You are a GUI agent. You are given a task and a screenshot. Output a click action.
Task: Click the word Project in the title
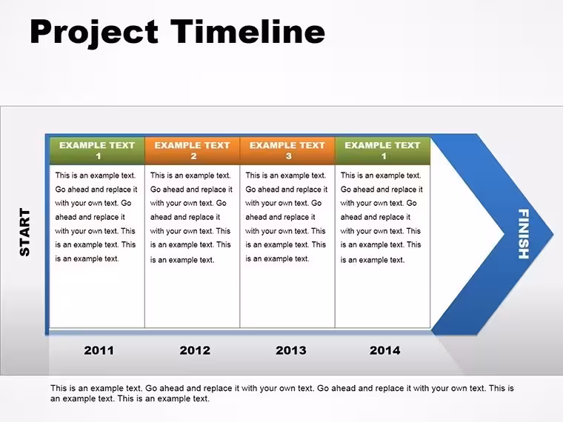94,33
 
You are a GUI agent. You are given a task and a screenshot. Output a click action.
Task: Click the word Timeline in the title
247,32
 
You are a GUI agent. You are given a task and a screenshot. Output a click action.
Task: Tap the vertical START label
24,232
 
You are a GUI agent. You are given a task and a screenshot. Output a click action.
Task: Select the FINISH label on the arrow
524,234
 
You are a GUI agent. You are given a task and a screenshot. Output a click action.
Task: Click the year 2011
99,350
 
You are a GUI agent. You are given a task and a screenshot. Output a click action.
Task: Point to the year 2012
195,350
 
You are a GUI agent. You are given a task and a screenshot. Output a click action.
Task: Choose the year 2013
291,350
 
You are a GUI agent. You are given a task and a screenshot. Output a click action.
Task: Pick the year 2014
385,350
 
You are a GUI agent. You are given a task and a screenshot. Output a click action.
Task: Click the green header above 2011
97,151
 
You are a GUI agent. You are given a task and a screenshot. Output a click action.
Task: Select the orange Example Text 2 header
192,151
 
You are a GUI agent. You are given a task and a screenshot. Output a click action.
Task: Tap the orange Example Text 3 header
287,151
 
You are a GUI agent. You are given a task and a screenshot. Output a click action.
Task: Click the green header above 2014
382,151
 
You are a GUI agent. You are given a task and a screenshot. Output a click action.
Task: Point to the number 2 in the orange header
193,156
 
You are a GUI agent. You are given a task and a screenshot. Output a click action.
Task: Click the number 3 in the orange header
289,156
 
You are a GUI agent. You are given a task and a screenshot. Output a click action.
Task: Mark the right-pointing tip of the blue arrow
553,234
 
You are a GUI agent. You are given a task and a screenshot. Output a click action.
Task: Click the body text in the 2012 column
191,218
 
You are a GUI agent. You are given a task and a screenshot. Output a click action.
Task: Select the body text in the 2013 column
286,217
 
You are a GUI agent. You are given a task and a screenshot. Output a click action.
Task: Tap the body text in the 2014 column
382,218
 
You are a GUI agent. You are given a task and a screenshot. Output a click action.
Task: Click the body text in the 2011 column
96,217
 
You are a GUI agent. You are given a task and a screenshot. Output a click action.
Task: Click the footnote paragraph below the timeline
282,393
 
